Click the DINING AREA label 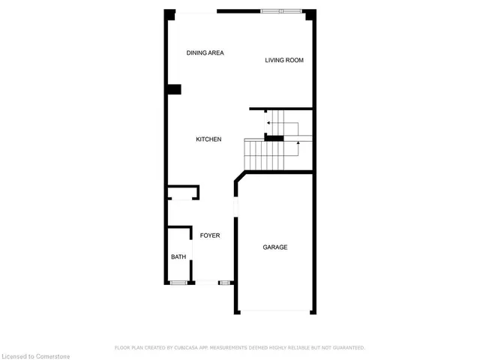coord(205,52)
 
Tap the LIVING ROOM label coord(284,60)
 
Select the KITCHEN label coord(208,139)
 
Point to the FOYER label coord(210,235)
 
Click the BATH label coord(178,257)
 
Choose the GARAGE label coord(274,247)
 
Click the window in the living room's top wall coord(283,10)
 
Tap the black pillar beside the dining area coord(174,90)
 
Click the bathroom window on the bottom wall coord(178,283)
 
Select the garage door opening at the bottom coord(274,310)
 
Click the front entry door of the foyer coord(205,283)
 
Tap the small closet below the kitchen coord(182,193)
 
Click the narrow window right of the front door coord(224,283)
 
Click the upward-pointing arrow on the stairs coord(298,146)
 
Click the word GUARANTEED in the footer coord(346,348)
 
